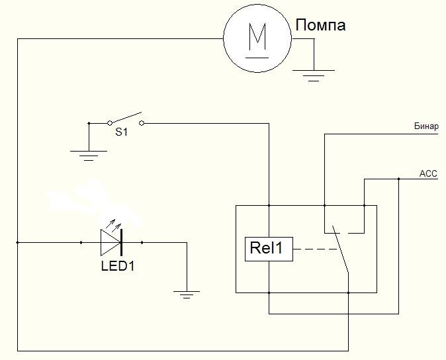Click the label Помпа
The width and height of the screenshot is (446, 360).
click(320, 25)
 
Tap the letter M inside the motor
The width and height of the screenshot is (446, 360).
click(257, 36)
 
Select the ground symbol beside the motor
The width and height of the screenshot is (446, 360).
click(314, 75)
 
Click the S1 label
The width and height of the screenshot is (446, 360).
click(122, 132)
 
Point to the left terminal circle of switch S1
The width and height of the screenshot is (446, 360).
click(110, 123)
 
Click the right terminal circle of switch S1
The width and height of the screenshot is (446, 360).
click(142, 123)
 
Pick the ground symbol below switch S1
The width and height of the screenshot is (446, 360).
click(89, 156)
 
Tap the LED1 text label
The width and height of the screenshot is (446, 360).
click(118, 266)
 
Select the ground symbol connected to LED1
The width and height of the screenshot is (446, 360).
click(187, 295)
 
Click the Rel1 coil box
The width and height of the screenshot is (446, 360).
click(269, 249)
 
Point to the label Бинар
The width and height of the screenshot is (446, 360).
click(426, 126)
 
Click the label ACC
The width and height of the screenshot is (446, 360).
click(428, 173)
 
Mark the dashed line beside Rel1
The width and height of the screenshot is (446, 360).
click(315, 249)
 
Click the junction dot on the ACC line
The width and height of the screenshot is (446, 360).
click(399, 179)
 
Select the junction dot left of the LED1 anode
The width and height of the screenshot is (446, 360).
click(81, 243)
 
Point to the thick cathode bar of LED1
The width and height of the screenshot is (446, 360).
click(122, 243)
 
